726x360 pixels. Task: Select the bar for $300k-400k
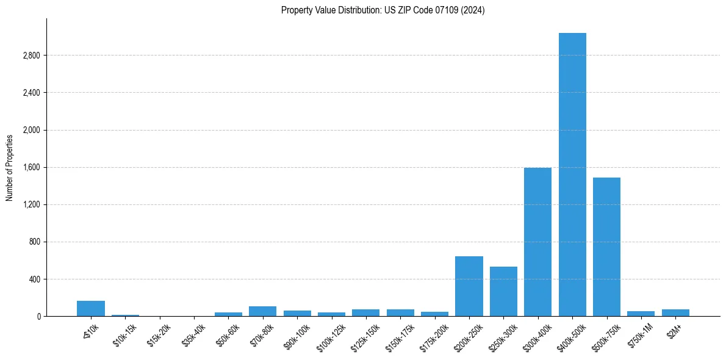(537, 242)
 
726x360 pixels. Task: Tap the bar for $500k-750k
(606, 247)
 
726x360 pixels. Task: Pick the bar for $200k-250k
(469, 286)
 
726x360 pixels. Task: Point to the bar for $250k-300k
(503, 291)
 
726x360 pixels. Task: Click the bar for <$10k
(91, 308)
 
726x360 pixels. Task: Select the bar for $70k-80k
(262, 311)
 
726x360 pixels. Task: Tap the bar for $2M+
(675, 312)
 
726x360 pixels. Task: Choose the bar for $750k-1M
(641, 314)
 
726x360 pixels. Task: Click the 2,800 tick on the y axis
(31, 56)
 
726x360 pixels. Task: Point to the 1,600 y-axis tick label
(31, 167)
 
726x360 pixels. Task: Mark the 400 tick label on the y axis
(34, 279)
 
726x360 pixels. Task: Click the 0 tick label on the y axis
(38, 317)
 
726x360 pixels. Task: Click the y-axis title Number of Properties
(10, 167)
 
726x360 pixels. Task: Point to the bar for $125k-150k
(365, 312)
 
